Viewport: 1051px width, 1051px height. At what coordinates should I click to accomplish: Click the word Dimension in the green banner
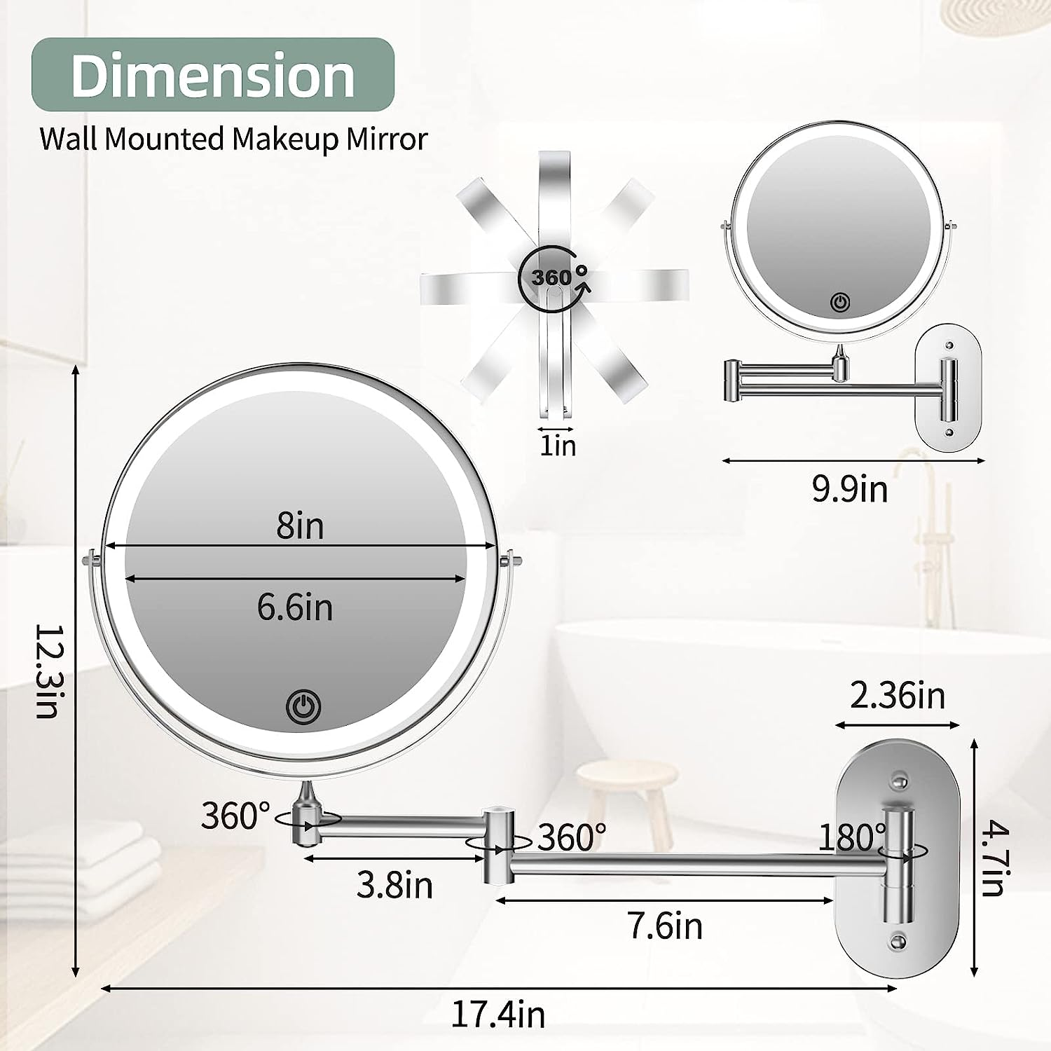pyautogui.click(x=212, y=76)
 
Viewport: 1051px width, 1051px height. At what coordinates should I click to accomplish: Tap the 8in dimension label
pyautogui.click(x=300, y=525)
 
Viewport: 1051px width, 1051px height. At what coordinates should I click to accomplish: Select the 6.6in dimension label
pyautogui.click(x=294, y=607)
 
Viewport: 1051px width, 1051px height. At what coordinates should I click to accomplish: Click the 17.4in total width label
pyautogui.click(x=497, y=1015)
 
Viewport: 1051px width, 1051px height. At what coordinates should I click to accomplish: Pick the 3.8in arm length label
pyautogui.click(x=394, y=885)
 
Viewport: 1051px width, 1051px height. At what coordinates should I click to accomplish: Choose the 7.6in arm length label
pyautogui.click(x=665, y=926)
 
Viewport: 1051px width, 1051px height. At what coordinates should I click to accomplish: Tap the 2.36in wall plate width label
pyautogui.click(x=898, y=696)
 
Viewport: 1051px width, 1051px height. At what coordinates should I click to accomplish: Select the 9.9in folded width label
pyautogui.click(x=850, y=488)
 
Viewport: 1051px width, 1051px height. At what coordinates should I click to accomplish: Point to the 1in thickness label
pyautogui.click(x=557, y=446)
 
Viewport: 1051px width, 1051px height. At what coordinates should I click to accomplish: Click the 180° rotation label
pyautogui.click(x=852, y=837)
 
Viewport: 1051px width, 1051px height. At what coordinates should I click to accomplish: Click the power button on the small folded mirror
pyautogui.click(x=840, y=303)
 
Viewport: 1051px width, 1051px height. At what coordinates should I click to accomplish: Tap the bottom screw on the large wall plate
pyautogui.click(x=898, y=941)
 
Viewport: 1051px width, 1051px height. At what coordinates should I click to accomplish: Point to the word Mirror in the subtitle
pyautogui.click(x=386, y=139)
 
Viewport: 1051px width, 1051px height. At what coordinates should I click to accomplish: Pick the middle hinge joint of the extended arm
pyautogui.click(x=497, y=844)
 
